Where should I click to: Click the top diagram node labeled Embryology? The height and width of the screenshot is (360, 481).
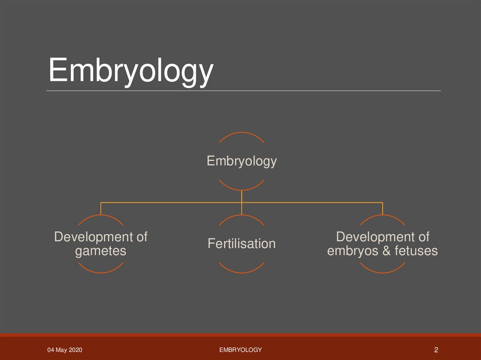[x=241, y=161]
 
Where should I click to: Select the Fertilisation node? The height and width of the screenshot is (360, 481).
[x=241, y=244]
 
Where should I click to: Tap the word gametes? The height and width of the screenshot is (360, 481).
[x=101, y=251]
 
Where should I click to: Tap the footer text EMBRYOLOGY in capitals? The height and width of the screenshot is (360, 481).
[x=240, y=350]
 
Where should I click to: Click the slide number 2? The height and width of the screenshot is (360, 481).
[x=436, y=350]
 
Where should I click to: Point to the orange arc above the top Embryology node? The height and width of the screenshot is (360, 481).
[x=241, y=133]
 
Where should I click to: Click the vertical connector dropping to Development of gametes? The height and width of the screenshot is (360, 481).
[x=101, y=209]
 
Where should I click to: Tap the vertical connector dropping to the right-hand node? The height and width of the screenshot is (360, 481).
[x=382, y=209]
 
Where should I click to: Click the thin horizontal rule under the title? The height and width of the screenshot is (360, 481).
[x=244, y=91]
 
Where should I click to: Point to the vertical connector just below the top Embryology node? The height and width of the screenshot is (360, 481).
[x=241, y=196]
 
